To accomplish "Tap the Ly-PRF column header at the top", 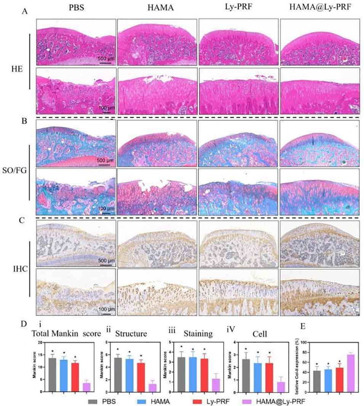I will tap(239, 8).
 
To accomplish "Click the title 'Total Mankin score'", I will tap(66, 334).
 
